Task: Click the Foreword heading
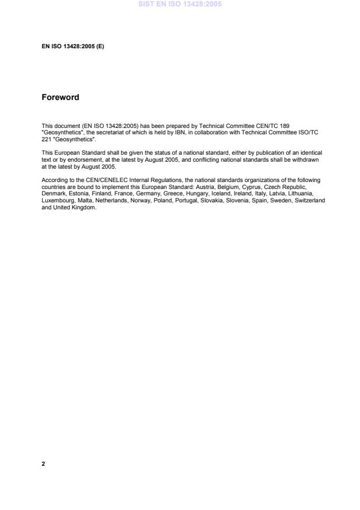pos(60,97)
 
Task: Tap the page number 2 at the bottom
pos(43,464)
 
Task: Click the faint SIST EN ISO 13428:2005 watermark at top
pos(180,4)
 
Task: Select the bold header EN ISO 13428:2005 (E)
pos(73,45)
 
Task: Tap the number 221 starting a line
pos(46,138)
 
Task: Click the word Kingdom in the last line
pos(83,206)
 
